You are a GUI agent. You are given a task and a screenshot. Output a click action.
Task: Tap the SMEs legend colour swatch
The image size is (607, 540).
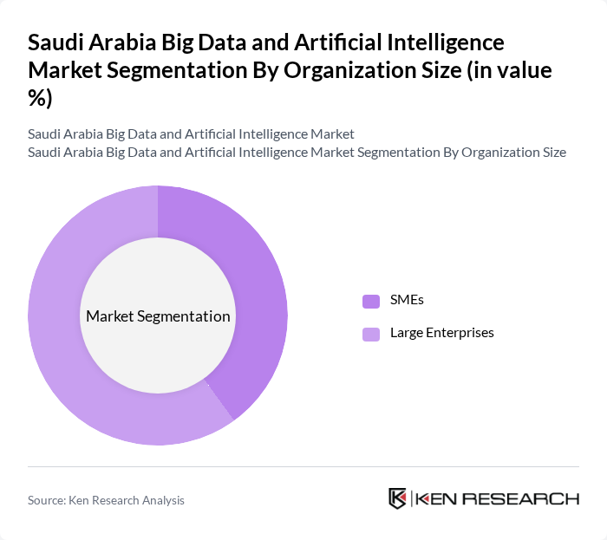coord(371,301)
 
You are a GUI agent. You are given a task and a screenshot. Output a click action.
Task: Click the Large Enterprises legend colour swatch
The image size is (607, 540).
coord(371,333)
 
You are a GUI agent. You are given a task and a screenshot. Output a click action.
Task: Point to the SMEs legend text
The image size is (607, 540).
coord(407,300)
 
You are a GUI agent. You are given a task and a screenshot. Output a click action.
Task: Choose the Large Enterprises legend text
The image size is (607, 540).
coord(441,332)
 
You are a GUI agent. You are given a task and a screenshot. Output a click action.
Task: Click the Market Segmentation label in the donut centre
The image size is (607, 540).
coord(158,316)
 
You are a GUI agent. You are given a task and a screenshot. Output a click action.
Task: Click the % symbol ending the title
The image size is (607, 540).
coord(40,99)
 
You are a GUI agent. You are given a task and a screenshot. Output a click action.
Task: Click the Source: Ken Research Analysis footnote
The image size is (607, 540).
coord(106,500)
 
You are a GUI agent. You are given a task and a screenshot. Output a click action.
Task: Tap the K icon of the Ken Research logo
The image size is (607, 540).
coord(398,498)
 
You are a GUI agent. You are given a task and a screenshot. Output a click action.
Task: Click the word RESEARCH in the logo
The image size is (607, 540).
coord(524,498)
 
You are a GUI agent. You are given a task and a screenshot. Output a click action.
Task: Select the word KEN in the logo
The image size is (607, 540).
coord(439,498)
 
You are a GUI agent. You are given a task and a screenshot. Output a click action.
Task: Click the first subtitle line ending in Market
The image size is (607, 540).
coord(191,134)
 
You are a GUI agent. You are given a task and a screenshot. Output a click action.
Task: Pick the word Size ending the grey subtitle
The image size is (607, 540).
coord(552,152)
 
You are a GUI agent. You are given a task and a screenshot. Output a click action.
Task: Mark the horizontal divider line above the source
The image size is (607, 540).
coord(303,466)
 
